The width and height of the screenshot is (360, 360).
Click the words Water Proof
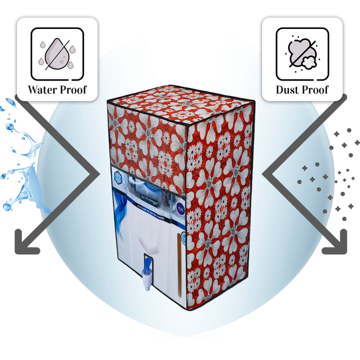click(57, 90)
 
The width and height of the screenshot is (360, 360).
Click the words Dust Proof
click(302, 90)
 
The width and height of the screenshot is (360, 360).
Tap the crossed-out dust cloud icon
click(302, 53)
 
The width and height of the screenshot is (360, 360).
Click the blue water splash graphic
click(20, 155)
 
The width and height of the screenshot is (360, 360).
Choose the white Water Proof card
click(57, 59)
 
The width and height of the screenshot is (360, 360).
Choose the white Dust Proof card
click(302, 59)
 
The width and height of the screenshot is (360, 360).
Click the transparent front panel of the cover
click(145, 220)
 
